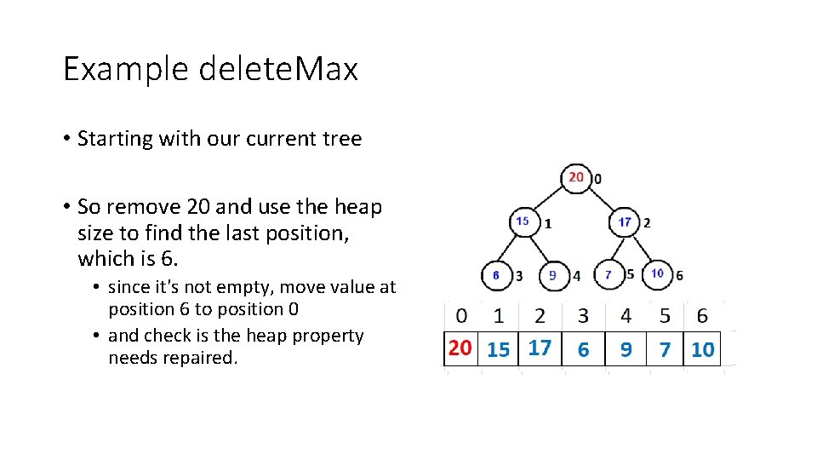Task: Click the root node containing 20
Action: pos(576,177)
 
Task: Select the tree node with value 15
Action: pos(523,221)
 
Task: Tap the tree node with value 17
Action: pos(625,222)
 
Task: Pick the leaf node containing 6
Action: pos(496,274)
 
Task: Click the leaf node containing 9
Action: pos(552,275)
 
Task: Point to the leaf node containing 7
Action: pos(608,274)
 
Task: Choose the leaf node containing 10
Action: pos(657,273)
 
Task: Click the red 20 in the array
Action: pos(460,348)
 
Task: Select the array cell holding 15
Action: pos(499,349)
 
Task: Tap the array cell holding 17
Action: pos(540,348)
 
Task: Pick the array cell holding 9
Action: pos(626,349)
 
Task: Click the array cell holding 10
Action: pos(703,349)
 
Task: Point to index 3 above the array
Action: pos(583,316)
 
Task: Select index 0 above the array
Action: pos(461,316)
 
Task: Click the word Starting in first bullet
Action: pos(114,139)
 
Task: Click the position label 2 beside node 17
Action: pos(648,223)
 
